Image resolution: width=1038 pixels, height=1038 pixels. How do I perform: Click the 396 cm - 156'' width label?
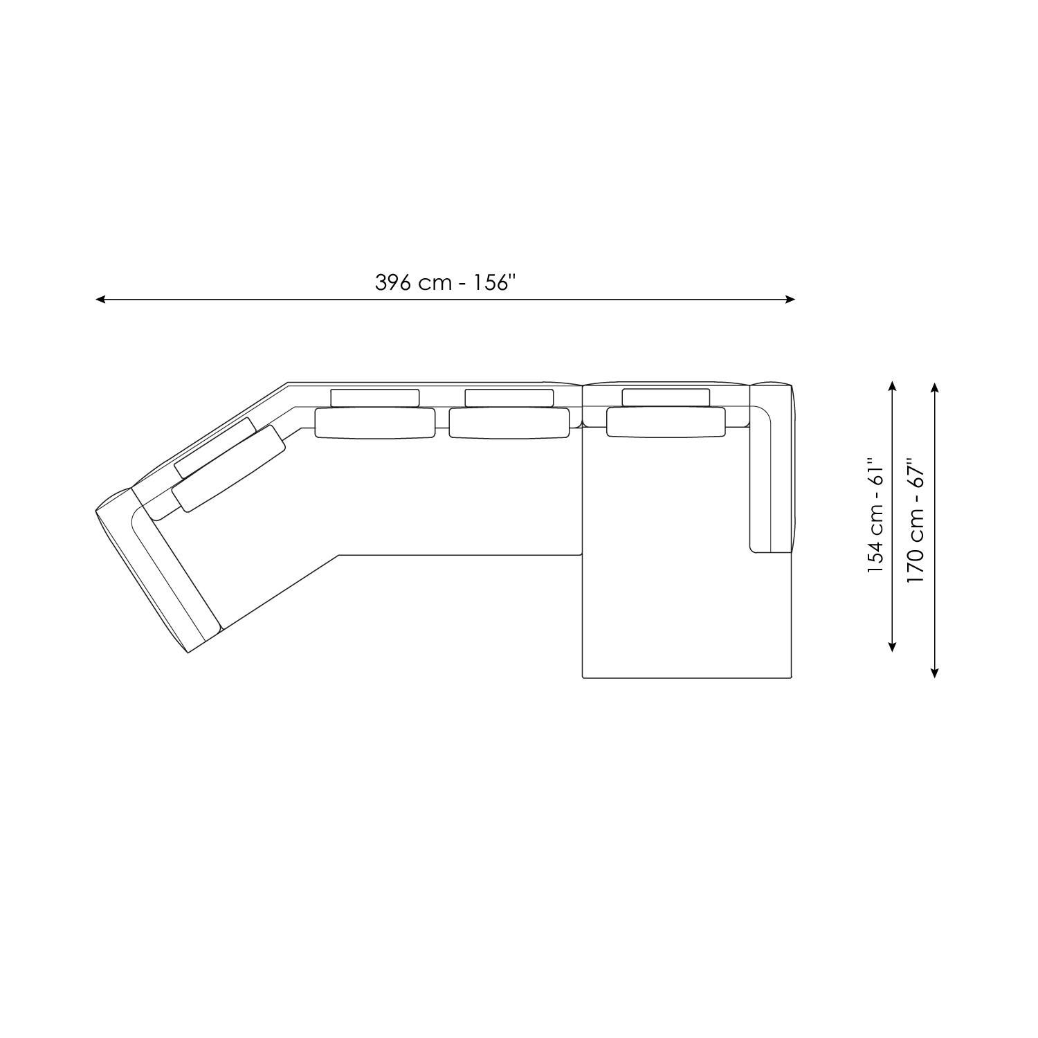click(446, 283)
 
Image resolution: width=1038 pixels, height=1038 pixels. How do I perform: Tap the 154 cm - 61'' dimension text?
click(876, 515)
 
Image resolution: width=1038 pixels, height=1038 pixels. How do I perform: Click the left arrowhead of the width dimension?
click(99, 300)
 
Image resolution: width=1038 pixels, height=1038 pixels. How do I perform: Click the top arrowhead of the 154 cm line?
click(893, 385)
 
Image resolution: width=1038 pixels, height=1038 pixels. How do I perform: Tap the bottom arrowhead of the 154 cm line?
click(893, 648)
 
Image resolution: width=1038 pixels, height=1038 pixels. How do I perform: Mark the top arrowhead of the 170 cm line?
click(935, 385)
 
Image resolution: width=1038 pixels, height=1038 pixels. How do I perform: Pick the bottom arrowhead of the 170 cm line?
click(935, 673)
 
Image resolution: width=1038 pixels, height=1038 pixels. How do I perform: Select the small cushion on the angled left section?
click(215, 448)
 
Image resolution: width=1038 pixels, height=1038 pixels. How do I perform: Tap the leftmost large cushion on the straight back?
click(375, 423)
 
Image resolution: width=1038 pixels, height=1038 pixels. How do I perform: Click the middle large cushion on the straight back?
click(509, 423)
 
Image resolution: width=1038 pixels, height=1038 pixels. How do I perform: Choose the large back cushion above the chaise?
click(666, 422)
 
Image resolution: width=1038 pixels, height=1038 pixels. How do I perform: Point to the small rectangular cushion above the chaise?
click(666, 397)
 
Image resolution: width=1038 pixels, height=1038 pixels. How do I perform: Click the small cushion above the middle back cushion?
click(509, 398)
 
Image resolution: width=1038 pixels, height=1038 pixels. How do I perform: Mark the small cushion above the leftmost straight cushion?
click(375, 398)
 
